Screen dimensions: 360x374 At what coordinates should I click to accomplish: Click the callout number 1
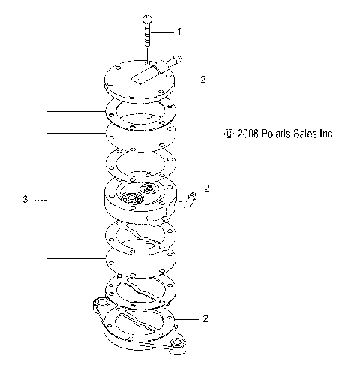[179, 32]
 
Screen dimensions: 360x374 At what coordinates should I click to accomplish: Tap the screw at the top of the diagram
[148, 31]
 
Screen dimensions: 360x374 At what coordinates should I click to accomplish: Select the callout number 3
[25, 200]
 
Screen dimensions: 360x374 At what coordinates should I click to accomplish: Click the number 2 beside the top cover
[203, 80]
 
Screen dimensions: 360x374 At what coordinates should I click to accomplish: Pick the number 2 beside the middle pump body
[206, 188]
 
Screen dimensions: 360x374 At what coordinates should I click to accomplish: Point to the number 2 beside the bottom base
[205, 318]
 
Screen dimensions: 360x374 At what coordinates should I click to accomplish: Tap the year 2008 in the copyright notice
[247, 134]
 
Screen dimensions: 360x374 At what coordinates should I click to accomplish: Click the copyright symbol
[229, 134]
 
